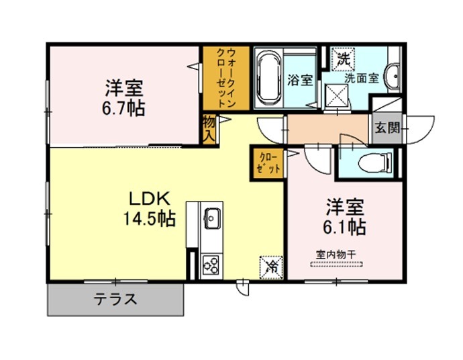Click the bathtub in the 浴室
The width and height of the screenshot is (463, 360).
click(268, 79)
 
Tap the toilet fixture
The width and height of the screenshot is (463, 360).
click(375, 163)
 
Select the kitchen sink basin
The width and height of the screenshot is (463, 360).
click(212, 218)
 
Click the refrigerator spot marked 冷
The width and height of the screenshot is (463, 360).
click(271, 267)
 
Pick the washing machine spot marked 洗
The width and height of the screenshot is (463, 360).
click(343, 59)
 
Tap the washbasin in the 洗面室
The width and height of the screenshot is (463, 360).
click(393, 77)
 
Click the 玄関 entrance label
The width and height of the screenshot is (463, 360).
click(387, 128)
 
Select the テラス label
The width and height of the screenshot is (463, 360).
click(115, 300)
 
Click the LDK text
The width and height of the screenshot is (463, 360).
click(149, 199)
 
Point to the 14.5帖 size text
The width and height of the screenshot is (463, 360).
click(149, 219)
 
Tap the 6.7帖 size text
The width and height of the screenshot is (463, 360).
click(123, 109)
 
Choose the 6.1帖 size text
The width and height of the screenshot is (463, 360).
click(345, 227)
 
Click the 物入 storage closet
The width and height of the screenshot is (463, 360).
click(209, 130)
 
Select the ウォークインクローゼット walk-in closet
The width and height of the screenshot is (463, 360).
click(226, 79)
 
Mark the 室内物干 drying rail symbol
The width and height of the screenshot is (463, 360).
click(336, 265)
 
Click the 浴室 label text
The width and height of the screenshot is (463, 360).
click(301, 80)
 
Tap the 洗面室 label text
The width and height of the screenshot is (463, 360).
click(362, 79)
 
